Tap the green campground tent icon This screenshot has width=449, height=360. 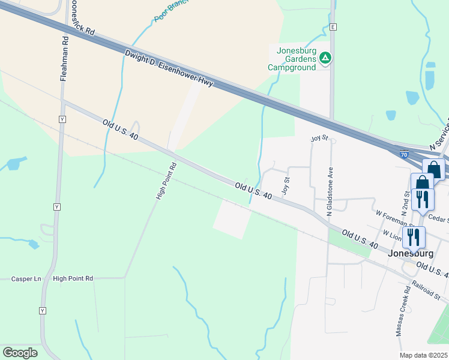click(x=325, y=58)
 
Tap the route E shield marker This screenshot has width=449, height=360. click(x=333, y=27)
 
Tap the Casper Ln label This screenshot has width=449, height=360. click(x=26, y=279)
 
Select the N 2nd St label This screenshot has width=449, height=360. click(x=406, y=203)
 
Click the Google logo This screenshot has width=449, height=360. click(x=20, y=352)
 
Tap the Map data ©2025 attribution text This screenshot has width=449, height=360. click(x=423, y=355)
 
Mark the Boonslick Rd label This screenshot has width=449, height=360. click(x=82, y=22)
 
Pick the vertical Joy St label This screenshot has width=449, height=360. click(x=286, y=185)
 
